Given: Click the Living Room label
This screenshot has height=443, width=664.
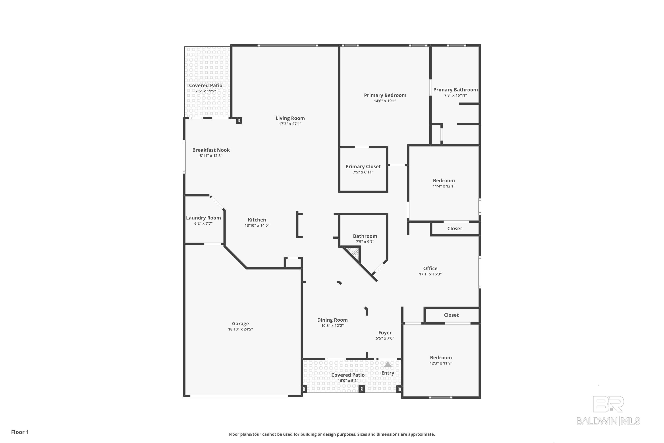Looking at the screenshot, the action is coord(290,118).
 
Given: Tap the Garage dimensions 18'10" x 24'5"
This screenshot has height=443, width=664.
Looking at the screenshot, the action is coord(240,329).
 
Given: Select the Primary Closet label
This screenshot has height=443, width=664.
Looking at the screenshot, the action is coord(363,166).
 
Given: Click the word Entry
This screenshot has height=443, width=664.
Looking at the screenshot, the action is coord(388,373).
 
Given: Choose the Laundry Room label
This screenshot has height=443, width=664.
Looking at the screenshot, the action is coord(203,218).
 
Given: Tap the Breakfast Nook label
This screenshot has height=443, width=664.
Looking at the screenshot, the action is coord(211,150).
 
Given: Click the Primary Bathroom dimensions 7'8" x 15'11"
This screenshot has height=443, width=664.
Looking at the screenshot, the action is coord(455,95).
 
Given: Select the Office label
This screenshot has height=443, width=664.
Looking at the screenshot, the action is coord(430,268).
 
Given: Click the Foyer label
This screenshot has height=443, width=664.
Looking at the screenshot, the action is coord(385,332).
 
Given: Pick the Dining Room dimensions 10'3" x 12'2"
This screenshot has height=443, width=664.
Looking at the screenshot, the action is coord(332,325).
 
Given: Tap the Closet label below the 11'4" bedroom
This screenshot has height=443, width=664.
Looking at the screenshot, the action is coord(455,229).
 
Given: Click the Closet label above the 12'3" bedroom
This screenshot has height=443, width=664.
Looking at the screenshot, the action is coord(451,315).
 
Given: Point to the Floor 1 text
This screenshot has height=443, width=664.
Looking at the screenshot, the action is coord(20,432).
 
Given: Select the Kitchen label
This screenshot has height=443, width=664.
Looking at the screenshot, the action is coord(257,220).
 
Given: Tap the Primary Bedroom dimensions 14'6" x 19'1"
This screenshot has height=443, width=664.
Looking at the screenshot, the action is coord(385,101).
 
